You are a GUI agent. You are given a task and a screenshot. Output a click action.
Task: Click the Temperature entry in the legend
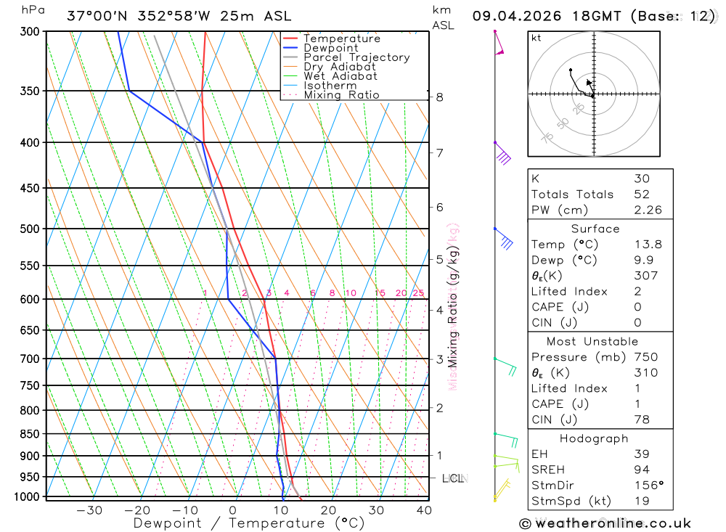point(341,38)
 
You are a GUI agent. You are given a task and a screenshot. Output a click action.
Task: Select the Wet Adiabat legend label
point(340,76)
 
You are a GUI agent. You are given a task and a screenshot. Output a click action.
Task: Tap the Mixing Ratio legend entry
point(341,95)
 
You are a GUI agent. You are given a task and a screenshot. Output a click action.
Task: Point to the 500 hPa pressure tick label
point(30,229)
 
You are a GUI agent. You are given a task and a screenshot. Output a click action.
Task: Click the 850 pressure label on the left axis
point(30,434)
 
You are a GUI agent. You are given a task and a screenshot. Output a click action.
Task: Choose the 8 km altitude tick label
point(440,97)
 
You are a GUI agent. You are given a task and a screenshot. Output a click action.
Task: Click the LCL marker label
point(454,478)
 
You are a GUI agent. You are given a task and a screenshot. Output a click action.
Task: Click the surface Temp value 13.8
point(648,245)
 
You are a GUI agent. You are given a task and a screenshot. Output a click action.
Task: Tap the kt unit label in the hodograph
point(537,38)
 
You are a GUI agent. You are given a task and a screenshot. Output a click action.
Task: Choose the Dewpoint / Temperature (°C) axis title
point(248,523)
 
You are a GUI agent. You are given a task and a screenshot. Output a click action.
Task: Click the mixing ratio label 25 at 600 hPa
point(418,293)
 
